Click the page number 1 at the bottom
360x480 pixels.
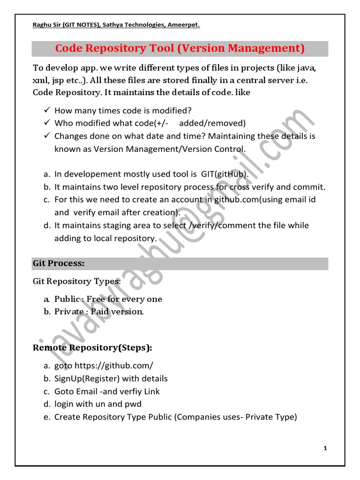click(x=325, y=449)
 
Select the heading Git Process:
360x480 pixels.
click(x=59, y=263)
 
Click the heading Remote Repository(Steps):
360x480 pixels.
click(x=92, y=348)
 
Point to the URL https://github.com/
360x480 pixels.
click(x=114, y=365)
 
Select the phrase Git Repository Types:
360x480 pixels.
click(x=76, y=281)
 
